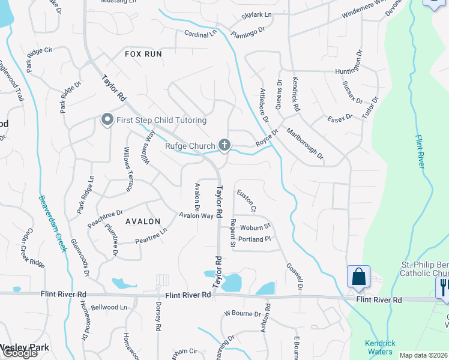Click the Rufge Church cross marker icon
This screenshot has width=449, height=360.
pyautogui.click(x=224, y=145)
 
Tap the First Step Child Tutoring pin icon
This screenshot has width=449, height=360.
pyautogui.click(x=107, y=120)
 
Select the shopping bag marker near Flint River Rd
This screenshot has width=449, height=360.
pyautogui.click(x=358, y=277)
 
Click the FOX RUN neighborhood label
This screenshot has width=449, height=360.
pyautogui.click(x=143, y=54)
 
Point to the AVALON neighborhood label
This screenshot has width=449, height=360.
pyautogui.click(x=143, y=221)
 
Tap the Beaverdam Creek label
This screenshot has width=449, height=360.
pyautogui.click(x=52, y=224)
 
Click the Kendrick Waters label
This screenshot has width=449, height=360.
pyautogui.click(x=381, y=347)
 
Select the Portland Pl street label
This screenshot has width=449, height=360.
pyautogui.click(x=255, y=239)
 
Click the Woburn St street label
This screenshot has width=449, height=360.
pyautogui.click(x=256, y=228)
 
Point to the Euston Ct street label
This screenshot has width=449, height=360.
pyautogui.click(x=247, y=201)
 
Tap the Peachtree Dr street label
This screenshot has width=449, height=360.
pyautogui.click(x=105, y=213)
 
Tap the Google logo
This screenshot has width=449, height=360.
pyautogui.click(x=20, y=353)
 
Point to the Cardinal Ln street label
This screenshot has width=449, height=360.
pyautogui.click(x=200, y=35)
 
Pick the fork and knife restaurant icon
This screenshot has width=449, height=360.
pyautogui.click(x=444, y=286)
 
